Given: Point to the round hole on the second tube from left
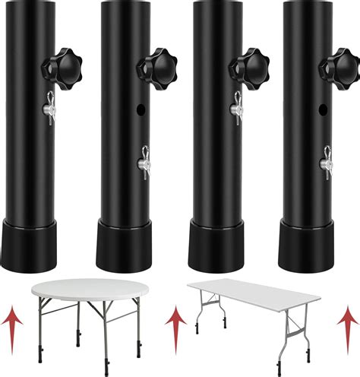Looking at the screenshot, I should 141,110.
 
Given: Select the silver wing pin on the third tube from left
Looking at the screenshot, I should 236,106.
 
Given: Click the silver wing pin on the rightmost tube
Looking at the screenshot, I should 325,162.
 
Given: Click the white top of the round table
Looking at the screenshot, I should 81,289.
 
